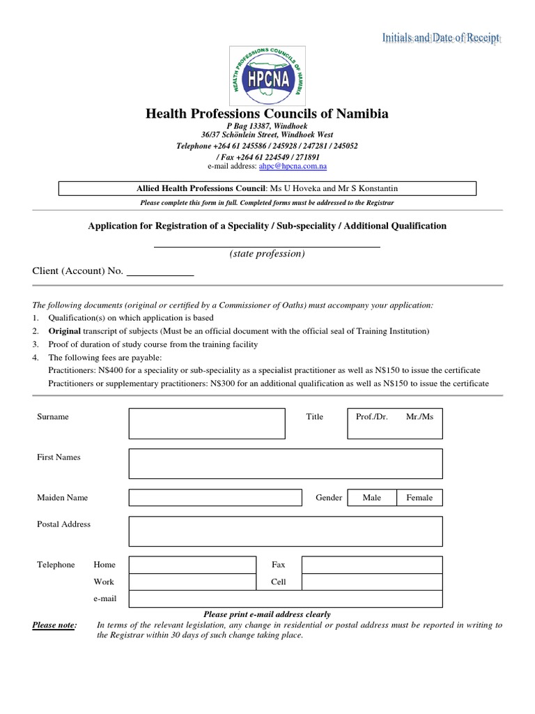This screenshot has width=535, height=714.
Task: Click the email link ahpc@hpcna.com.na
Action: coord(293,167)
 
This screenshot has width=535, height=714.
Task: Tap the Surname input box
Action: coord(207,423)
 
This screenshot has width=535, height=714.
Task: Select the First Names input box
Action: coord(286,464)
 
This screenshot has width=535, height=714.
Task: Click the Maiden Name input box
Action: coord(215,497)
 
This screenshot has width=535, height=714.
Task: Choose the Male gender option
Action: coord(372,498)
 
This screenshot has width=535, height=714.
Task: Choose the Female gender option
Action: coord(419,498)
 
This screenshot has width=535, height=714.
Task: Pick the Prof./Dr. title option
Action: coord(371,417)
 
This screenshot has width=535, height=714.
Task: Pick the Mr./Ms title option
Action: coord(419,417)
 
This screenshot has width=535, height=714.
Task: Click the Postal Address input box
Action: coord(286,531)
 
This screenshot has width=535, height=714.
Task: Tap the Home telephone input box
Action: coord(192,565)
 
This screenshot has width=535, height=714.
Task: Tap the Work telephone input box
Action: coord(192,582)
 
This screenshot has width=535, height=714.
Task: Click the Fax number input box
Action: coord(371,565)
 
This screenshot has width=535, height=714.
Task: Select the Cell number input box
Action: coord(371,582)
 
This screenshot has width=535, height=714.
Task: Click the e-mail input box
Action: coord(286,599)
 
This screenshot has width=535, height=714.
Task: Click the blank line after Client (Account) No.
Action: coord(160,273)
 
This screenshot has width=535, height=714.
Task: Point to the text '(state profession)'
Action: coord(267,254)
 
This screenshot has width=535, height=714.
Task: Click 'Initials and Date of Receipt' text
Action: coord(440,38)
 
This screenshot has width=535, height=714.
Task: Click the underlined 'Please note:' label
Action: coord(55,625)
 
